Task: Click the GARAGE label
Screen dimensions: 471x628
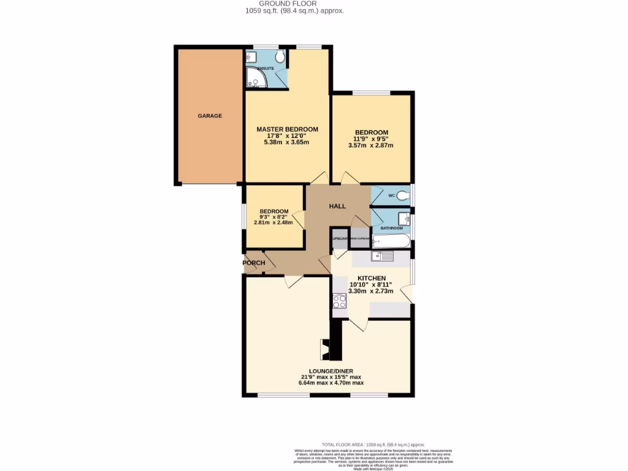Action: tap(210, 116)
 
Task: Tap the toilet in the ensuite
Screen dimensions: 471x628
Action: tap(280, 58)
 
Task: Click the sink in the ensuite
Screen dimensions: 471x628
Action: tap(250, 58)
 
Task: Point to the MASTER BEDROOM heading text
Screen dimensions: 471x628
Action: tap(287, 129)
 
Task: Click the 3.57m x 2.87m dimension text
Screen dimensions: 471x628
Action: tap(370, 145)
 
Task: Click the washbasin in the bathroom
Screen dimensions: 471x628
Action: tap(403, 218)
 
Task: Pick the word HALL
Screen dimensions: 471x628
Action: tap(338, 206)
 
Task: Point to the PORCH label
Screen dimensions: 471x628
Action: tap(254, 263)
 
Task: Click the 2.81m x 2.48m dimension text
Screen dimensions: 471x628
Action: tap(274, 223)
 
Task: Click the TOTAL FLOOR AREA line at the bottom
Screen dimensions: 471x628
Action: tap(373, 445)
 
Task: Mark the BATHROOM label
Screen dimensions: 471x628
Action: tap(391, 228)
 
